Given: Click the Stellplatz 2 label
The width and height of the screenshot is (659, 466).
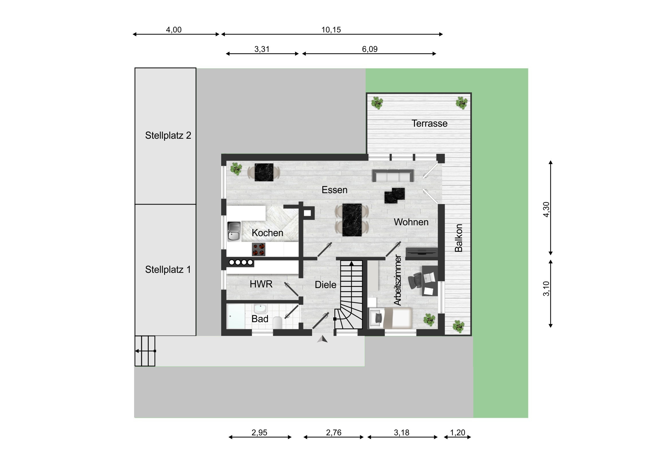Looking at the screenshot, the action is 168,136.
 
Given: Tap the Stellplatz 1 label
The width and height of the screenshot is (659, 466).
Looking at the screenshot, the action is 168,270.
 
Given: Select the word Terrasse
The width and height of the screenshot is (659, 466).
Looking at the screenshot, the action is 429,124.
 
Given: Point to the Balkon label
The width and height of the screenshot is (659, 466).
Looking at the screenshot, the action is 459,238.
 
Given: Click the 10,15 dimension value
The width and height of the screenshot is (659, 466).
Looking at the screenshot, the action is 331,30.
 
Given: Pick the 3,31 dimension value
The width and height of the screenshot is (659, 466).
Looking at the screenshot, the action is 262,49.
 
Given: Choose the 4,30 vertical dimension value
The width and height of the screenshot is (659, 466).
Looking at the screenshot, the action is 546,209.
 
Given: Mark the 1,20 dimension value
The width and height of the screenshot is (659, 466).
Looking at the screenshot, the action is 458,432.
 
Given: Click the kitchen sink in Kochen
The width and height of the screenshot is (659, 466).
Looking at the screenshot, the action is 234,231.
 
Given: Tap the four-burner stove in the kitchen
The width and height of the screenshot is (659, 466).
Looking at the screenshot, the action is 259,249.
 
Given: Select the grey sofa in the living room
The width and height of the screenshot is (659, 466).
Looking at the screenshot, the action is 393,176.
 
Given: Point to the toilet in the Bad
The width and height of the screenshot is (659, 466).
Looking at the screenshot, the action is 278,323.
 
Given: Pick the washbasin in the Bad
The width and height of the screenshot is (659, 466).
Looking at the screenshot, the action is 260,309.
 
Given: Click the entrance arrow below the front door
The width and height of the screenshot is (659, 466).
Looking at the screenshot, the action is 322,339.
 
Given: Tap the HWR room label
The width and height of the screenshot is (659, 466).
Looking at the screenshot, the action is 261,284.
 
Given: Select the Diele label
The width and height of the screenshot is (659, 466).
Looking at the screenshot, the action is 325,285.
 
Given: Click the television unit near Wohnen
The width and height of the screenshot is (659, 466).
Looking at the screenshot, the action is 422,252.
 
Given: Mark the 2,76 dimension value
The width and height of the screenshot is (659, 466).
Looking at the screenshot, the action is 334,432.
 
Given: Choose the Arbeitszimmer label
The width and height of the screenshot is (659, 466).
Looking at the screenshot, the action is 397,280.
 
